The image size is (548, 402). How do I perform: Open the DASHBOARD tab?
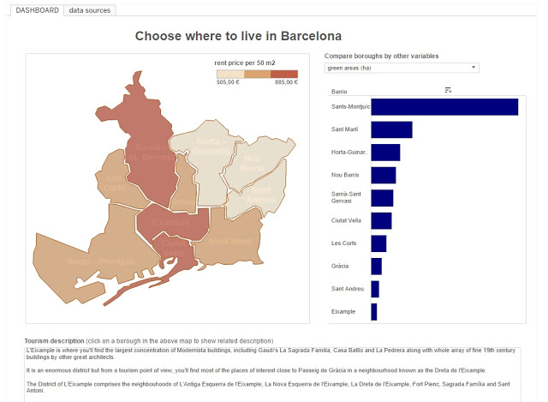click(x=37, y=10)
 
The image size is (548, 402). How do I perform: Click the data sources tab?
click(x=89, y=10)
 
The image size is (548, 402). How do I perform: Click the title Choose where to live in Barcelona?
click(x=238, y=36)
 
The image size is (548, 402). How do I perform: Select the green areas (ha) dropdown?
click(x=401, y=67)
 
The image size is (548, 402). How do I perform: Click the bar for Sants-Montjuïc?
click(x=444, y=106)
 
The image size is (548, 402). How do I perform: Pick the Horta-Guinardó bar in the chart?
click(x=385, y=153)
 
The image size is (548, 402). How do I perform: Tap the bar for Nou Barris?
click(x=383, y=175)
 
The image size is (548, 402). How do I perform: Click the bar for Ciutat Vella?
click(x=381, y=220)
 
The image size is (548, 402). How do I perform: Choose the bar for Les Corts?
click(x=378, y=243)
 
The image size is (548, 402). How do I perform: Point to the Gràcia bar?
click(x=376, y=267)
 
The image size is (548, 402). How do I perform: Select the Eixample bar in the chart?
click(x=373, y=312)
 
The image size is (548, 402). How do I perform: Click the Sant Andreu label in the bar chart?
click(x=348, y=289)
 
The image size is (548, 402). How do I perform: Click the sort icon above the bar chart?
click(x=448, y=90)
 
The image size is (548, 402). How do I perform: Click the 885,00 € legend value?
click(x=286, y=83)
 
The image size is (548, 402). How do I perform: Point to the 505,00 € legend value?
click(x=228, y=83)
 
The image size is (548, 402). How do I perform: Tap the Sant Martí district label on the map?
click(x=229, y=242)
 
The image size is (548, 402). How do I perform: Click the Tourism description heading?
click(x=55, y=340)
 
